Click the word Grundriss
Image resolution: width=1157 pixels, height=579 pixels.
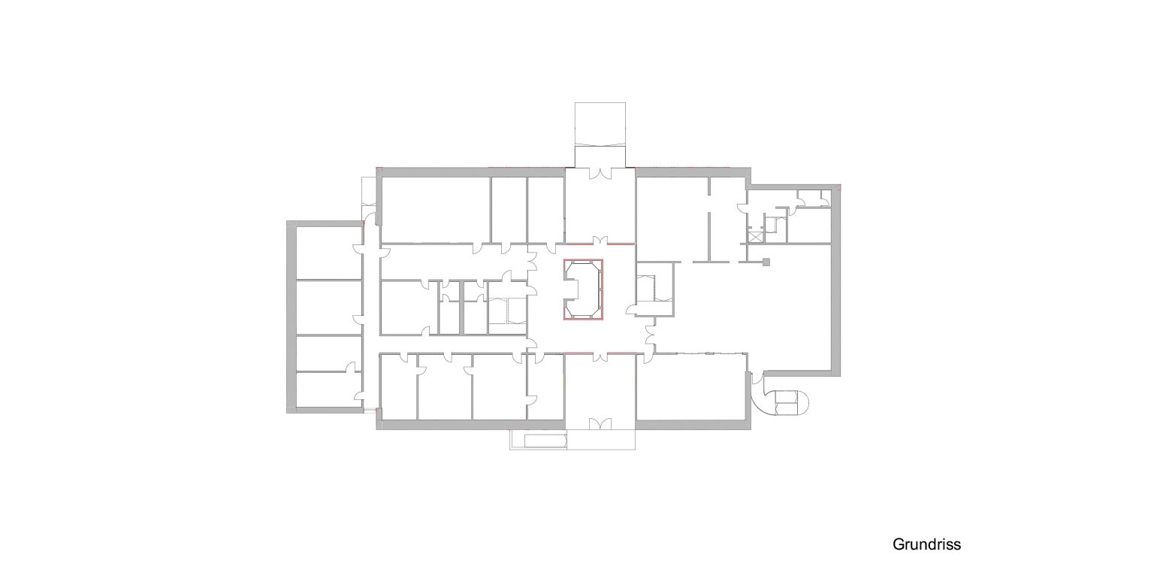pyautogui.click(x=926, y=544)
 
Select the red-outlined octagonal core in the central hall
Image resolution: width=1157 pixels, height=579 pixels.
pyautogui.click(x=583, y=289)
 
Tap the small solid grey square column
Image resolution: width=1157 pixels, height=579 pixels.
pyautogui.click(x=766, y=262)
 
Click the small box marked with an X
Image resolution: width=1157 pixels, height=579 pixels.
pyautogui.click(x=756, y=237)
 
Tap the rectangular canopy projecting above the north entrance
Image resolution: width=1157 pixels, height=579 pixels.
pyautogui.click(x=600, y=124)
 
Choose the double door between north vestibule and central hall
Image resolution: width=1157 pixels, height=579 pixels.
pyautogui.click(x=600, y=241)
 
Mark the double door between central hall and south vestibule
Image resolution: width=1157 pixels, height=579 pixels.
pyautogui.click(x=600, y=356)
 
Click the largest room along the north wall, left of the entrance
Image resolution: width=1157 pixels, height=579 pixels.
pyautogui.click(x=436, y=210)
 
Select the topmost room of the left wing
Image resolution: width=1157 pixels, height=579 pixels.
pyautogui.click(x=328, y=253)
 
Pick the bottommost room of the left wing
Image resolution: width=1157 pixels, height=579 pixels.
pyautogui.click(x=328, y=390)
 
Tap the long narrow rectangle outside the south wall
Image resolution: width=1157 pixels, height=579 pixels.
pyautogui.click(x=545, y=441)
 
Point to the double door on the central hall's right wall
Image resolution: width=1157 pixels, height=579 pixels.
pyautogui.click(x=651, y=337)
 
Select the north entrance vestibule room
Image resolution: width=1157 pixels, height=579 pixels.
pyautogui.click(x=600, y=206)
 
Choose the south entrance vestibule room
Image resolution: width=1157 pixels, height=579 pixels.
pyautogui.click(x=600, y=391)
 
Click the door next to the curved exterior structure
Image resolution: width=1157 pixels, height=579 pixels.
pyautogui.click(x=757, y=378)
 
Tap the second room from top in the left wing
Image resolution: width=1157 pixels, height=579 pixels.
pyautogui.click(x=328, y=308)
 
